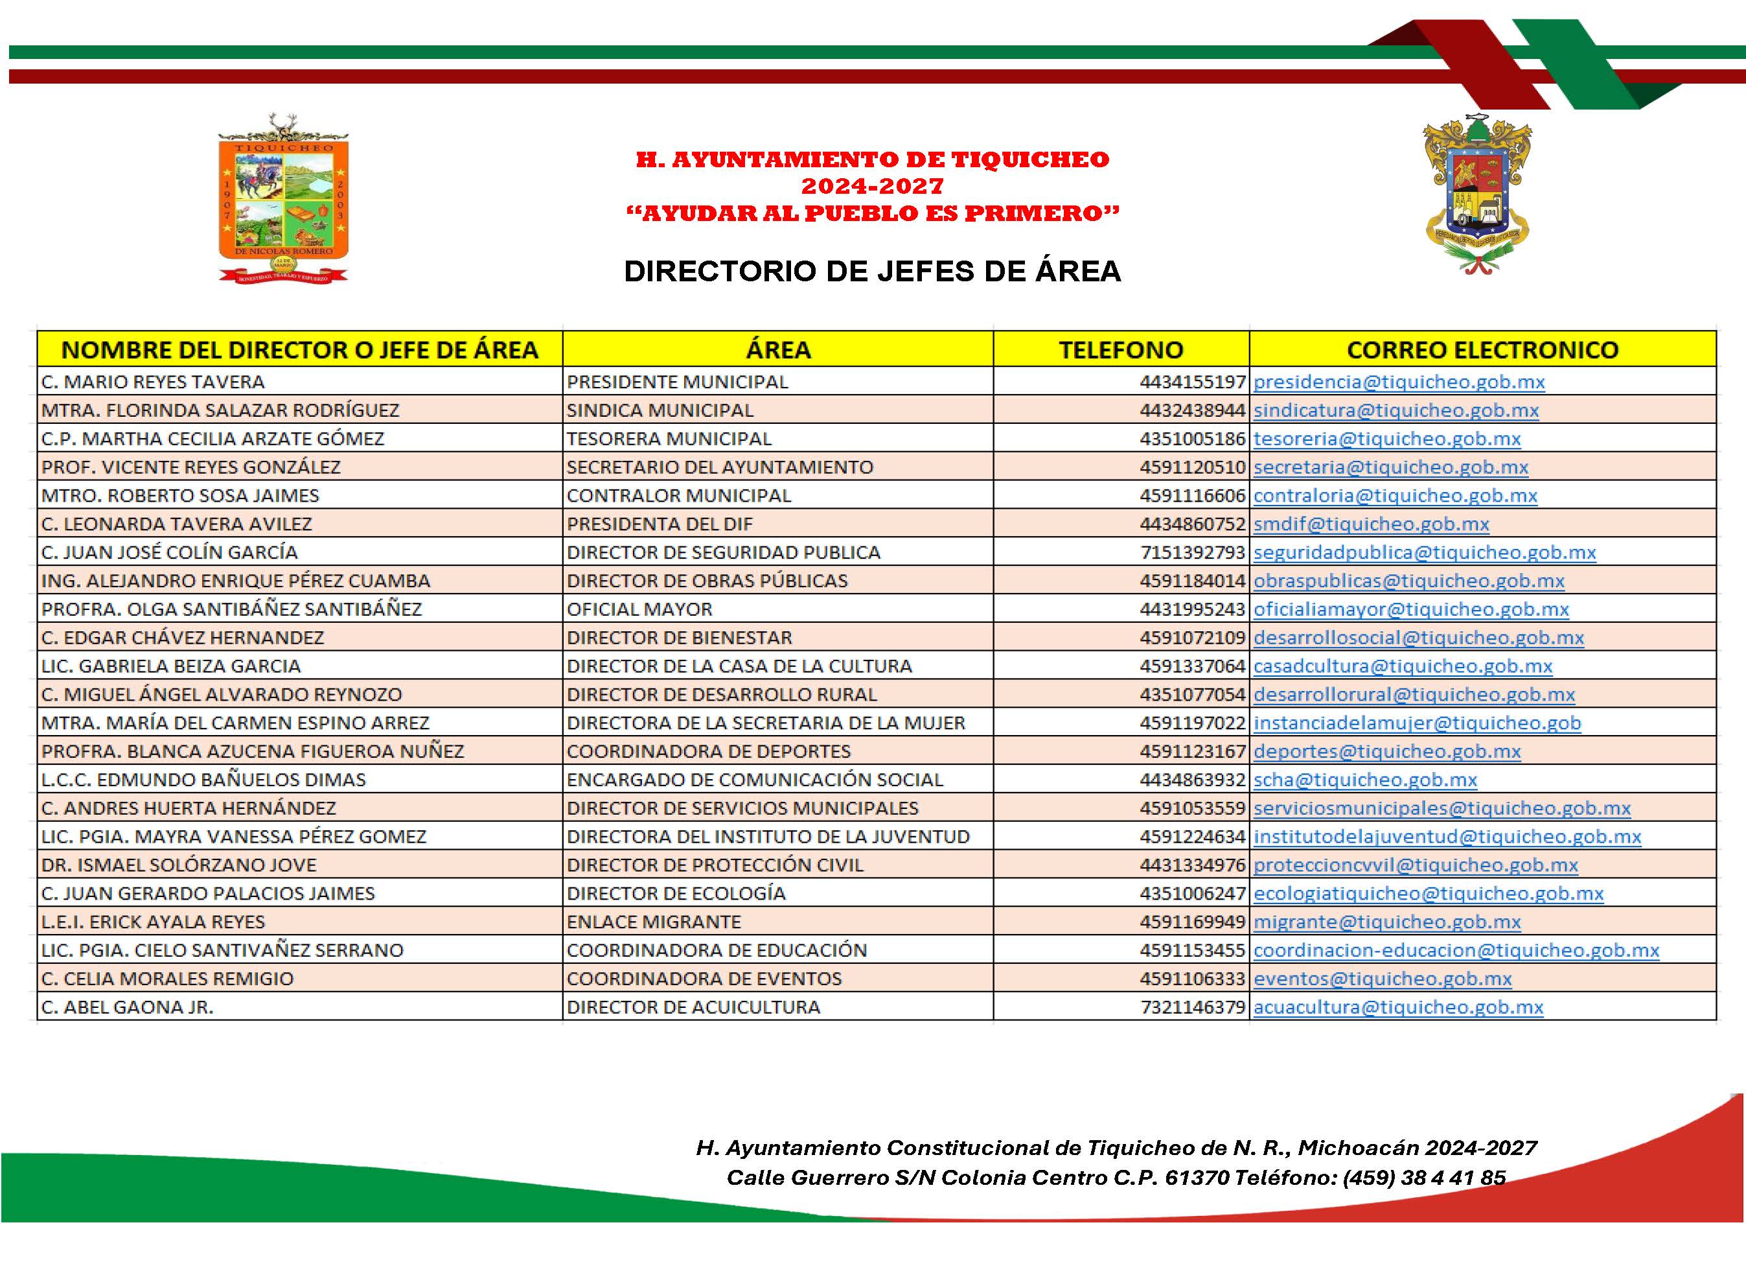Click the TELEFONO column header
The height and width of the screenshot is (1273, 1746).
coord(1121,350)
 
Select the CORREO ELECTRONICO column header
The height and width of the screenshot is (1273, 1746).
coord(1482,350)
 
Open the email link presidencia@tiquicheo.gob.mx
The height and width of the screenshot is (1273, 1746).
coord(1399,381)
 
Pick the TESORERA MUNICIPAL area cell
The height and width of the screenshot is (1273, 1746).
coord(669,438)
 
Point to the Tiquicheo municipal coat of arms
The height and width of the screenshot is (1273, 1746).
coord(283,199)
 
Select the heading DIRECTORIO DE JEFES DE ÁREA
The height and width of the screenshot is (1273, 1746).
coord(872,271)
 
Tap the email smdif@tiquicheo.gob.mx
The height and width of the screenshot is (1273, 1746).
coord(1371,524)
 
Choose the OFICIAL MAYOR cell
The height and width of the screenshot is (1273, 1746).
coord(639,609)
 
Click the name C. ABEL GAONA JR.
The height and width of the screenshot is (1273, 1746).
coord(127,1007)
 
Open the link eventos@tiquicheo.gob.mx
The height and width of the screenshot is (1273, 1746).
coord(1383,979)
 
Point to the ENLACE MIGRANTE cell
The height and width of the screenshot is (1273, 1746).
coord(653,922)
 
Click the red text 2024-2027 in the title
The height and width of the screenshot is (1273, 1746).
coord(872,186)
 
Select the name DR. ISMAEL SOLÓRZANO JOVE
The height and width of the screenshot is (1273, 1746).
coord(179,865)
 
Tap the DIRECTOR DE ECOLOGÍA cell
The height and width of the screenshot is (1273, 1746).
coord(676,893)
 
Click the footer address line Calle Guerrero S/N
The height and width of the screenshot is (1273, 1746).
coord(1115,1178)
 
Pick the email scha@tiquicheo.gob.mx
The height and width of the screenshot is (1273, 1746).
coord(1365,779)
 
